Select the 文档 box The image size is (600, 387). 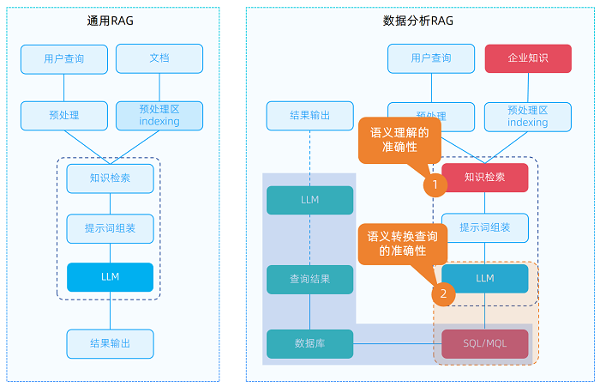(x=159, y=58)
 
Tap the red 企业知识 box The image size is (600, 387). (x=528, y=58)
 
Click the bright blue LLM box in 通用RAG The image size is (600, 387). (x=110, y=277)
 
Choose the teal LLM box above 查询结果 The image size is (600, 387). (x=309, y=200)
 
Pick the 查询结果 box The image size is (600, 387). (x=309, y=279)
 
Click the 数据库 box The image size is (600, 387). (x=309, y=343)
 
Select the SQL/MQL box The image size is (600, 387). (x=485, y=343)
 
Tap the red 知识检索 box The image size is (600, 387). (x=485, y=178)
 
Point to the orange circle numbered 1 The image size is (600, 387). (x=435, y=184)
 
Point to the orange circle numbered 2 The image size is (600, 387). (x=443, y=293)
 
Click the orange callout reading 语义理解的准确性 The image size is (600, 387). (x=399, y=140)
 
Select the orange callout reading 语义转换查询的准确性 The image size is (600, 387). (x=403, y=243)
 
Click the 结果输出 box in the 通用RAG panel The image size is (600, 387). (x=110, y=343)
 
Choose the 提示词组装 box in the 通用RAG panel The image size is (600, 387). (x=110, y=228)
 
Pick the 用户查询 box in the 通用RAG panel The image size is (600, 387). (x=64, y=58)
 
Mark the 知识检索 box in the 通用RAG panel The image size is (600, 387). (x=110, y=178)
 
